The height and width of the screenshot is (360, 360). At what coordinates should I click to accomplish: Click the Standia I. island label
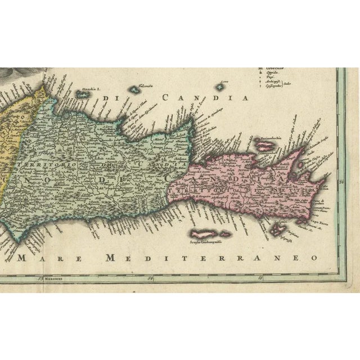click(x=89, y=89)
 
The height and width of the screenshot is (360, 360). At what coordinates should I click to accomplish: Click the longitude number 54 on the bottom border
click(x=150, y=277)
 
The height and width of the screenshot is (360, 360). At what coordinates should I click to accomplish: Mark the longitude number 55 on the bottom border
click(x=260, y=277)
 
